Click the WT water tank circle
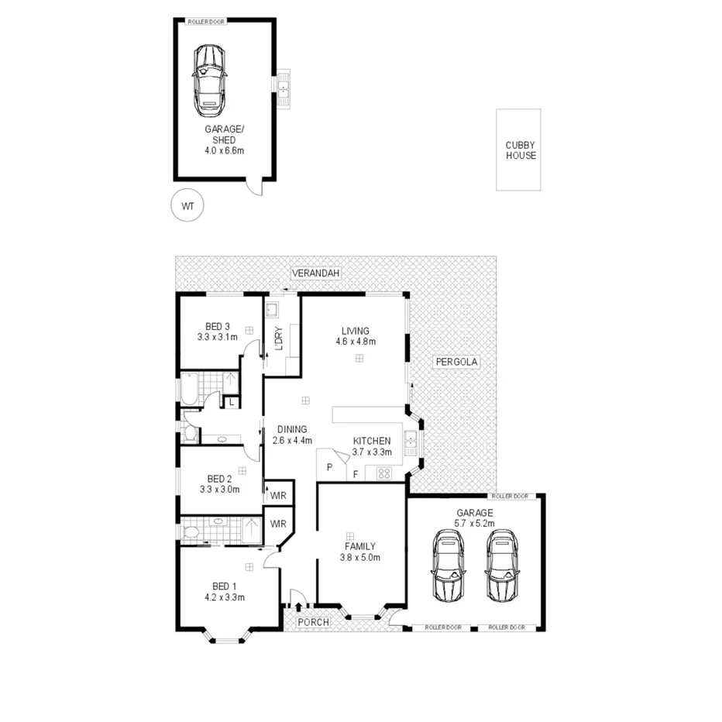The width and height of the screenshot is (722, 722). [x=187, y=206]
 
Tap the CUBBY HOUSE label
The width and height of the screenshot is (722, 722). [x=520, y=150]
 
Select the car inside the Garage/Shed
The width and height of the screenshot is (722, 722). [x=209, y=79]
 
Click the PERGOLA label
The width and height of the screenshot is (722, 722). [x=457, y=362]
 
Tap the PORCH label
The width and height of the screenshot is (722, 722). [x=314, y=622]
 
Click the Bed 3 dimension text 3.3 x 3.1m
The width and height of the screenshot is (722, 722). [x=218, y=337]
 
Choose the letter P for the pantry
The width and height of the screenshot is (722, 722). [x=329, y=467]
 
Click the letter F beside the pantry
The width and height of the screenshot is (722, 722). [x=356, y=473]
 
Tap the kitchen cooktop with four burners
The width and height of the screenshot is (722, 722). [x=383, y=473]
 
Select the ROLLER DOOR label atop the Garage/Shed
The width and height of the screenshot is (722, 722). [x=206, y=22]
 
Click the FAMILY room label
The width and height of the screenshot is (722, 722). [x=359, y=546]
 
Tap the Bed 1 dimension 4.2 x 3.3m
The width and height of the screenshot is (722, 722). [x=225, y=597]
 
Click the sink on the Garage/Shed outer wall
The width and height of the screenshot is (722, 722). [x=284, y=86]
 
